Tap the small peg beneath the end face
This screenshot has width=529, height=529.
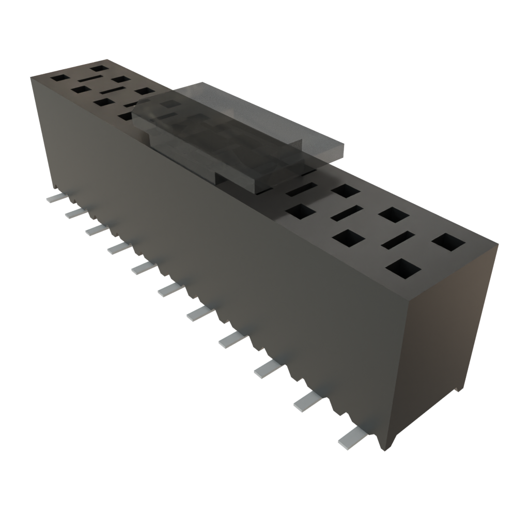457,388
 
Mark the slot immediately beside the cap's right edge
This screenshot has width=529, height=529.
301,190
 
